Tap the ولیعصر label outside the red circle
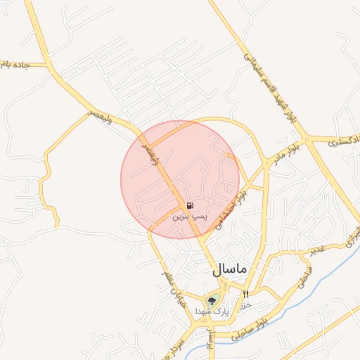tap(101, 113)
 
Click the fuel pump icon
tap(191, 205)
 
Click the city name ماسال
tap(229, 269)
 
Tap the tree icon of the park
tap(211, 301)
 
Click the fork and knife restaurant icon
tap(245, 294)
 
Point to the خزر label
tap(246, 306)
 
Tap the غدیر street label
tap(319, 250)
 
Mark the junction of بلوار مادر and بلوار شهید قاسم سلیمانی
tap(304, 138)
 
